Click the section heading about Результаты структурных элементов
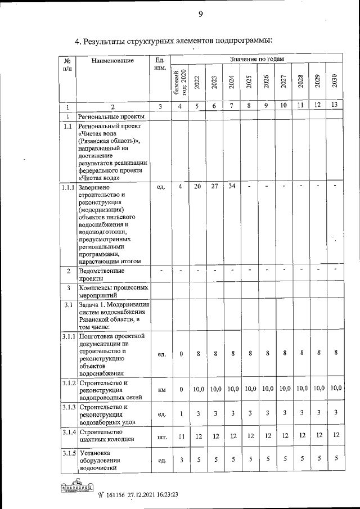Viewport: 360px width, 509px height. pyautogui.click(x=174, y=41)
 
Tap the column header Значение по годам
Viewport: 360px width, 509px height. pyautogui.click(x=256, y=58)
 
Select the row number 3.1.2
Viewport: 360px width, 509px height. pyautogui.click(x=69, y=384)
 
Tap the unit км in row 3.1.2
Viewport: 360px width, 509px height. pyautogui.click(x=161, y=389)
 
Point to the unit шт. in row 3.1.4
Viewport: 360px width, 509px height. pyautogui.click(x=161, y=436)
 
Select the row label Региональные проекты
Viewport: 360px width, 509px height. pyautogui.click(x=111, y=116)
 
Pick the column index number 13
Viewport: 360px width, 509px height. pyautogui.click(x=335, y=106)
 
